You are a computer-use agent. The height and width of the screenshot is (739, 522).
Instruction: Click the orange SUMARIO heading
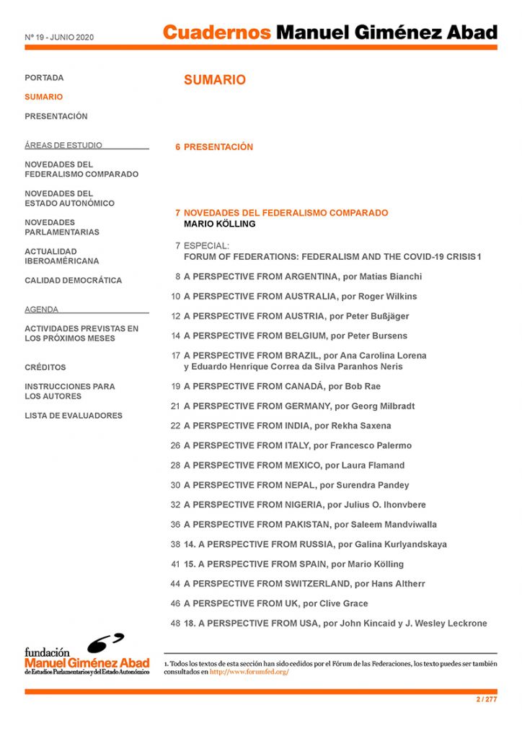coord(214,80)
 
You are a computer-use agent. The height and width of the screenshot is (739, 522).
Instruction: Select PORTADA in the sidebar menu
coord(44,78)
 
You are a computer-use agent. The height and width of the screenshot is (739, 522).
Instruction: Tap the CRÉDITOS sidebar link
coord(45,367)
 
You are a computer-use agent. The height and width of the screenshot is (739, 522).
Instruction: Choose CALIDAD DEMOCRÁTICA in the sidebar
coord(73,281)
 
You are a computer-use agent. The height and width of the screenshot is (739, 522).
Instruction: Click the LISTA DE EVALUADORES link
coord(73,416)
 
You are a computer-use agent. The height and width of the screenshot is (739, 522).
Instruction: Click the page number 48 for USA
coord(175,624)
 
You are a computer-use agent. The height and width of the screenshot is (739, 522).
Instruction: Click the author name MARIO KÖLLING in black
coord(219,224)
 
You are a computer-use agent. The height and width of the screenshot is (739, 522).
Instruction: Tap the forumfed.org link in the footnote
coord(249,673)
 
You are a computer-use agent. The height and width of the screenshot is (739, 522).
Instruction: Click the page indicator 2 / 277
coord(487,699)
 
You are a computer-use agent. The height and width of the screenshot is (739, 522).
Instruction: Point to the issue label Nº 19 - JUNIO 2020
coord(59,37)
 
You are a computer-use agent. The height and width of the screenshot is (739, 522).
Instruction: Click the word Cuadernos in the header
coord(216,32)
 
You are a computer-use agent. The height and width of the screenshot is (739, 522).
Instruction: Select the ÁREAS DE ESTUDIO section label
coord(63,145)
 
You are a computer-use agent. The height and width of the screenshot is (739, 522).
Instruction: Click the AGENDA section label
coord(41,310)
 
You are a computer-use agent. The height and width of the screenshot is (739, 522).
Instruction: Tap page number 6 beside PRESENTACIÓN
coord(177,147)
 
